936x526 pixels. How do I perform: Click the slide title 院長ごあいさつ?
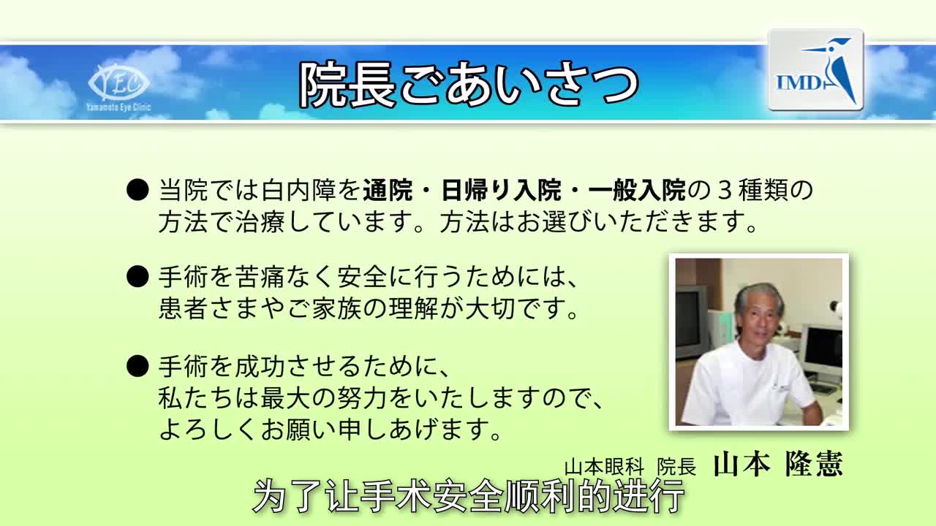[x=469, y=83]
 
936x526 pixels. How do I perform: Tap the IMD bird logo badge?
[x=815, y=70]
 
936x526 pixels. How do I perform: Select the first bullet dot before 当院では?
[x=137, y=191]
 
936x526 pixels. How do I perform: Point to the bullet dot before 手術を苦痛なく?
[x=137, y=277]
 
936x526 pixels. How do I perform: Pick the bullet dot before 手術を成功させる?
[x=137, y=365]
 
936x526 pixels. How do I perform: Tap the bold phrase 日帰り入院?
[x=501, y=191]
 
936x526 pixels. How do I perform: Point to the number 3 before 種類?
[x=725, y=191]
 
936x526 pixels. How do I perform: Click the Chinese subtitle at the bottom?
[x=468, y=497]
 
